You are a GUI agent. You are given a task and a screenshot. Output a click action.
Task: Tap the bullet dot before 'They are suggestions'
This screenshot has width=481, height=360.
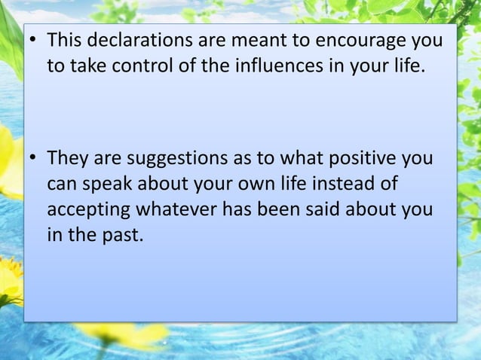(x=34, y=160)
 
